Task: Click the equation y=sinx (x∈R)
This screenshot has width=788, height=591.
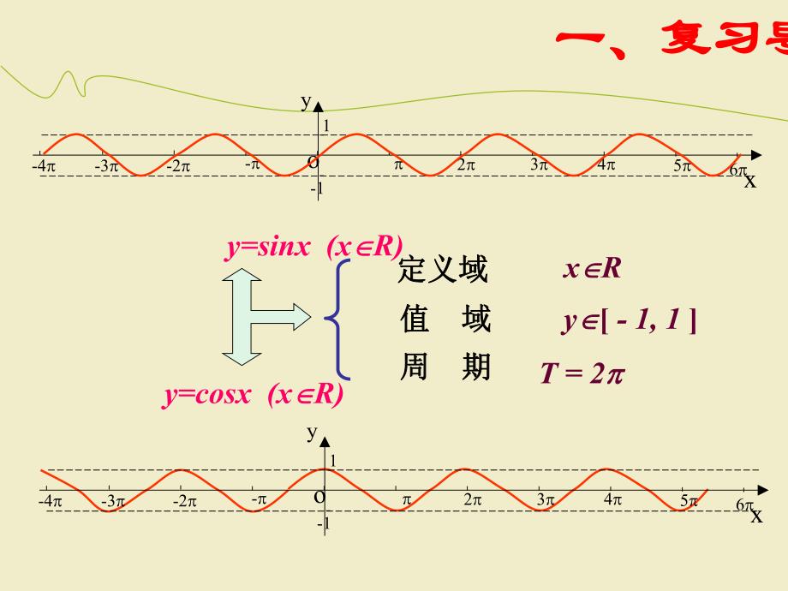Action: [313, 247]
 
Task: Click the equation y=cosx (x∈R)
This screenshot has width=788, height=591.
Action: [253, 395]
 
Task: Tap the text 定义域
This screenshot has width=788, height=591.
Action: [443, 271]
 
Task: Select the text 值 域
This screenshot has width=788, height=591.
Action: [445, 319]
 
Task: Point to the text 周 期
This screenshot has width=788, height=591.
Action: [445, 368]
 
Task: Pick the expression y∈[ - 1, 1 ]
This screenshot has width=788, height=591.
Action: [628, 321]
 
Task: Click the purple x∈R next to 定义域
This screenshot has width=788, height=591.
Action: [591, 269]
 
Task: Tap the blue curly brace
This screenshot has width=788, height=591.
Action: [338, 319]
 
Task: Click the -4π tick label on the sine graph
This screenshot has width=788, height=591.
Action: [44, 166]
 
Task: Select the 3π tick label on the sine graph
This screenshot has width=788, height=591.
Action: [539, 165]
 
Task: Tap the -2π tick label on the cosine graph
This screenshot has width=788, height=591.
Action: [184, 501]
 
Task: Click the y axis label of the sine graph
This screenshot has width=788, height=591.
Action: [306, 101]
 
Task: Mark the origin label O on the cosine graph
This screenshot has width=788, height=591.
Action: [319, 496]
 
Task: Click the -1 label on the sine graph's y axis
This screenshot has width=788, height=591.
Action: [316, 188]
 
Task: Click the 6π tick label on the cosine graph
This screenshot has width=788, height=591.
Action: [743, 505]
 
